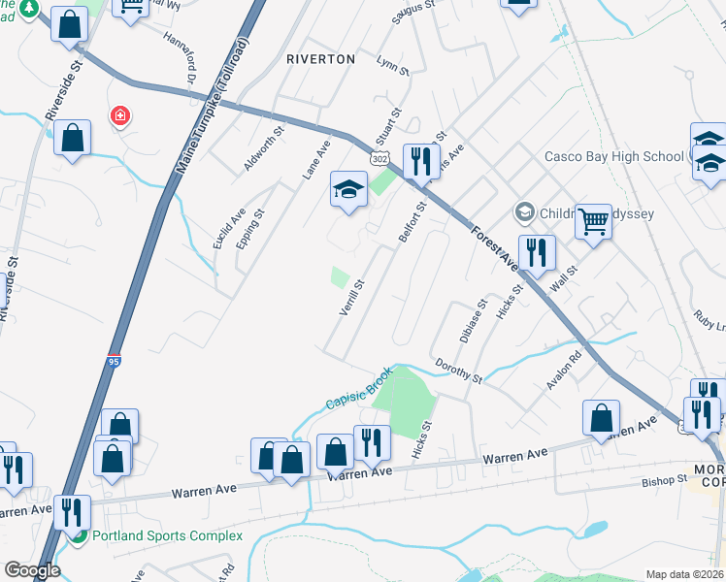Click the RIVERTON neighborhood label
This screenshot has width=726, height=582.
pos(321,59)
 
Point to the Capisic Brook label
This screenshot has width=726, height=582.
pos(358,389)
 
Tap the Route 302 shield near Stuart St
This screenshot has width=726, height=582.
pos(380,158)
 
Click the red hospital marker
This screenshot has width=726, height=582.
pos(120,116)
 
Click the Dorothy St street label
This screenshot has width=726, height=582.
pos(458,371)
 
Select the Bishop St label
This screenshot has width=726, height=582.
pos(664,480)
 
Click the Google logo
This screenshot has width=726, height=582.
pos(31,570)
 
